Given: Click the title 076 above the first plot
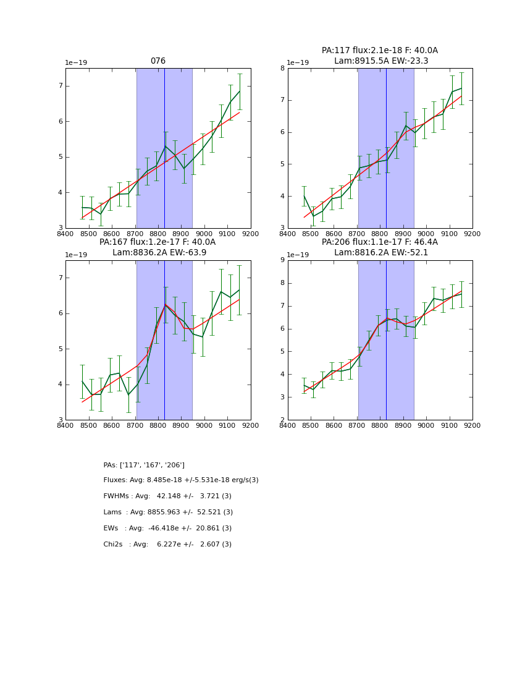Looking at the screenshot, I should [157, 61].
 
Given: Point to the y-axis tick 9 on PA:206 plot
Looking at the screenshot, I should [281, 260].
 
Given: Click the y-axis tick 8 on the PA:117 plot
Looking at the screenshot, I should [281, 68].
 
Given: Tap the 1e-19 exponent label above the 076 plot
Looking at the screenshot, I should [76, 62].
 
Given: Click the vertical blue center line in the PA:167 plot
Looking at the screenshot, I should [164, 340].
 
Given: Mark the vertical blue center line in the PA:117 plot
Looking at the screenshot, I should [386, 148].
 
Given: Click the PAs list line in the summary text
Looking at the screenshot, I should [144, 465].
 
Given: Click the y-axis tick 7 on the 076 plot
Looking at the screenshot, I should [61, 86].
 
